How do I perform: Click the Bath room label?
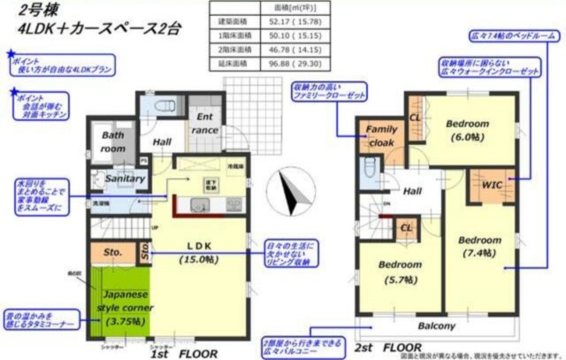[112, 143]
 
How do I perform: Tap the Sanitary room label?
[125, 179]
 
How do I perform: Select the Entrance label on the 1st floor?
[206, 124]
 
